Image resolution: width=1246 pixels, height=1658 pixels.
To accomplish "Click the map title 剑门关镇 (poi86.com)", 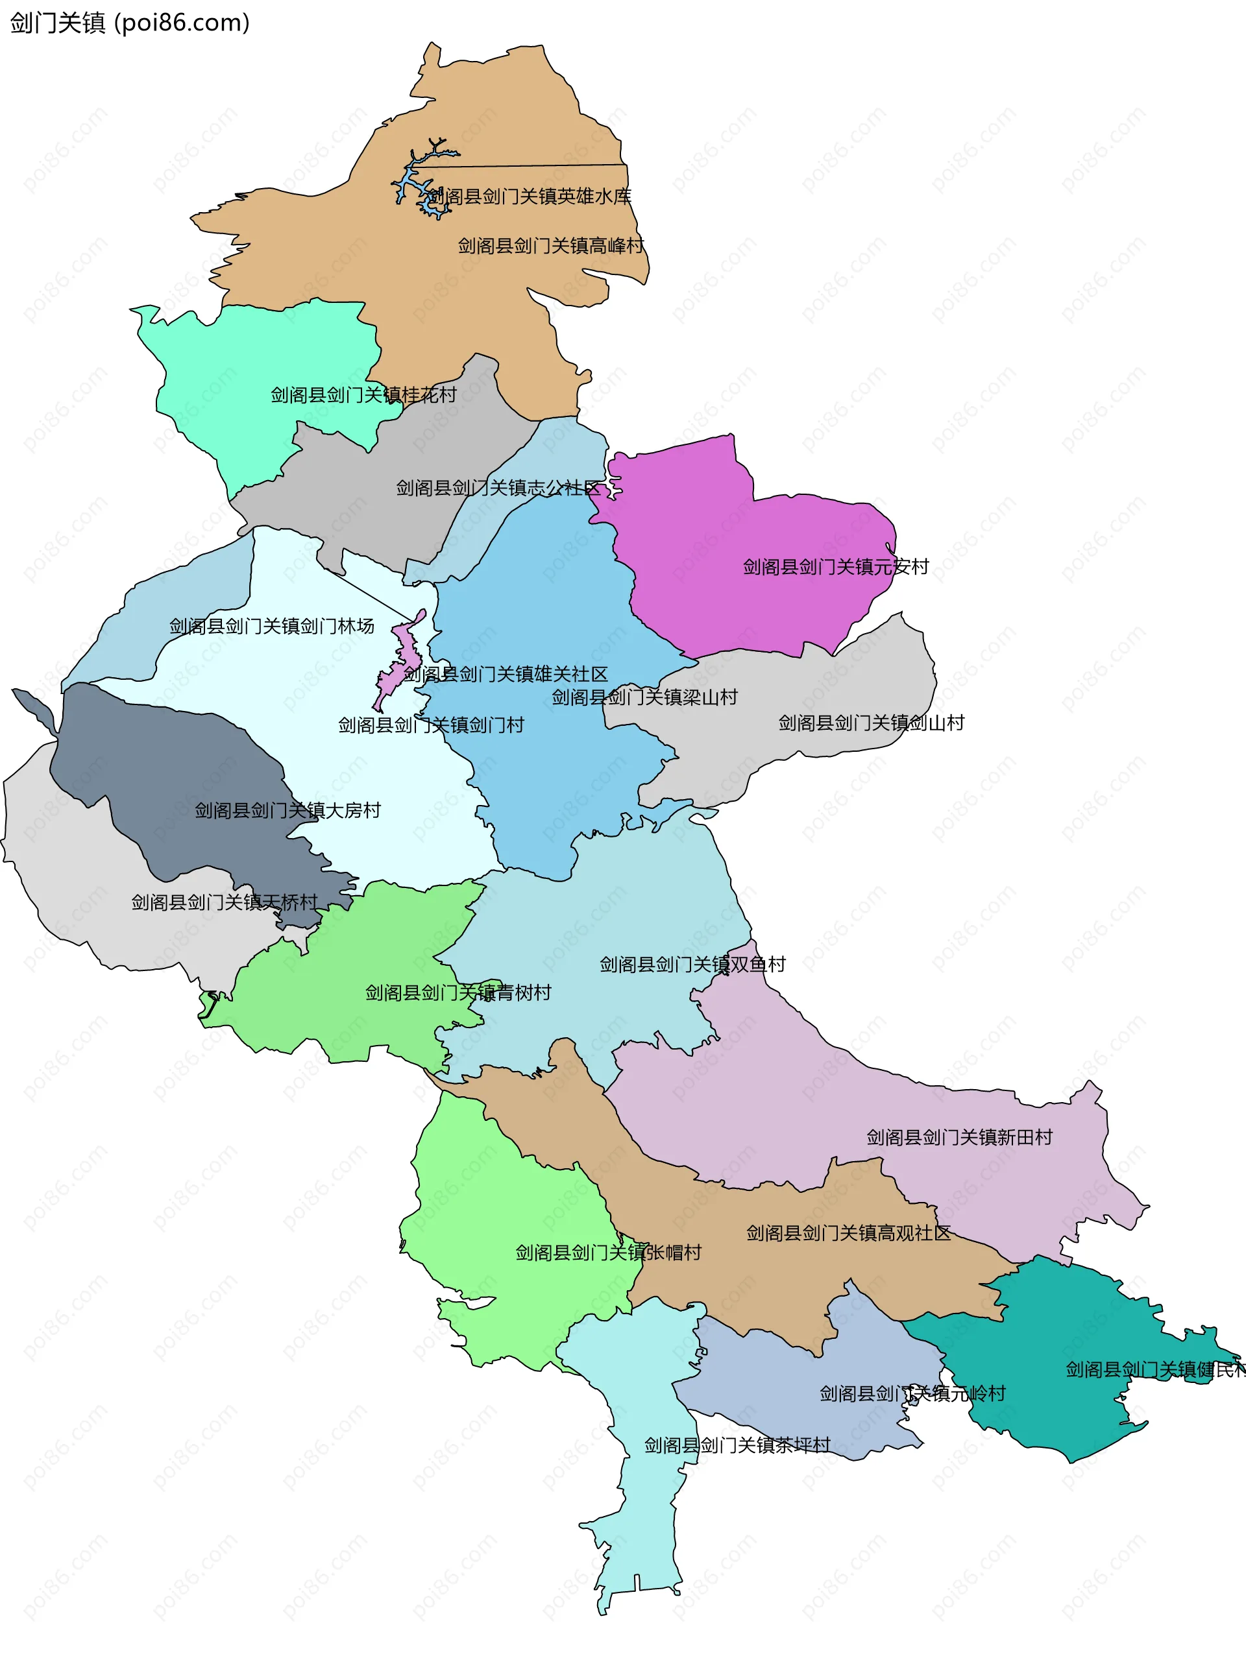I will pyautogui.click(x=130, y=23).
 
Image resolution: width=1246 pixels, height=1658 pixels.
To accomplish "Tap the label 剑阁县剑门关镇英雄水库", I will pyautogui.click(x=530, y=197).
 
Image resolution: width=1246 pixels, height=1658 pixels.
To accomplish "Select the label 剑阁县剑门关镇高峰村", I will pyautogui.click(x=550, y=245).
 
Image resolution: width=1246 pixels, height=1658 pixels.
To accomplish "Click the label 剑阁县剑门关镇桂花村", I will pyautogui.click(x=363, y=394).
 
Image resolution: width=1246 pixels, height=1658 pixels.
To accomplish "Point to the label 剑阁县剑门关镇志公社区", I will pyautogui.click(x=498, y=488).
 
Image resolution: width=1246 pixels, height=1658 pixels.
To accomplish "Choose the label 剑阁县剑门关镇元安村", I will pyautogui.click(x=835, y=567).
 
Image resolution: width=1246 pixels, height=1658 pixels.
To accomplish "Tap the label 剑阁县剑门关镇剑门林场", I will pyautogui.click(x=271, y=626).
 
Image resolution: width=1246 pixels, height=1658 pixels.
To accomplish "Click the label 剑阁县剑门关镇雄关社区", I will pyautogui.click(x=506, y=674).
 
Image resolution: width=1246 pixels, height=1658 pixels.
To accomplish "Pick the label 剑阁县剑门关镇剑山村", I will pyautogui.click(x=871, y=723).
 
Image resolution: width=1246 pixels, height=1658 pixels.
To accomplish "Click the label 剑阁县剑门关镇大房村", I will pyautogui.click(x=288, y=810).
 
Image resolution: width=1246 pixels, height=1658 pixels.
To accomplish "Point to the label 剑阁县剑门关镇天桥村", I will pyautogui.click(x=225, y=902).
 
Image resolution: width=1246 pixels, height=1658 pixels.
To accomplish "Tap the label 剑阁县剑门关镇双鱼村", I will pyautogui.click(x=692, y=965).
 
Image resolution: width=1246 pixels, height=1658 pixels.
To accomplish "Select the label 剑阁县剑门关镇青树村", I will pyautogui.click(x=458, y=992).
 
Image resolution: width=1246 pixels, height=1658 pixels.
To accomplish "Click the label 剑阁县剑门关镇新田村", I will pyautogui.click(x=960, y=1137).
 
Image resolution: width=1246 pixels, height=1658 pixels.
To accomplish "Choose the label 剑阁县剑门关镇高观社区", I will pyautogui.click(x=848, y=1233).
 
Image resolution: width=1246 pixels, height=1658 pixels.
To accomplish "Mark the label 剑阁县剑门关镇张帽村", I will pyautogui.click(x=608, y=1253).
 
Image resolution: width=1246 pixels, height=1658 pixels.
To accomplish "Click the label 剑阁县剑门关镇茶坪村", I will pyautogui.click(x=737, y=1445).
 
